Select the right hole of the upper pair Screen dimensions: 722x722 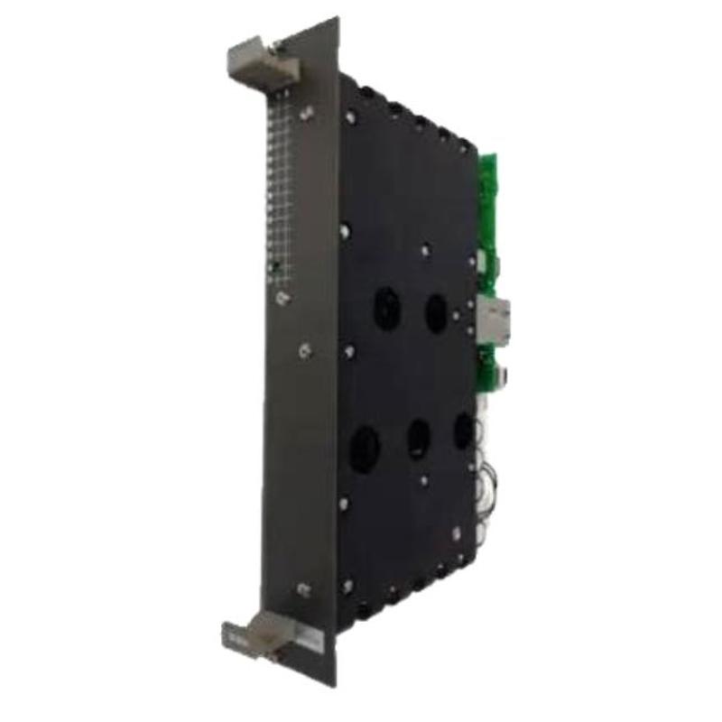pyautogui.click(x=437, y=312)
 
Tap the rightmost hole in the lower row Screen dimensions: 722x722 pyautogui.click(x=463, y=431)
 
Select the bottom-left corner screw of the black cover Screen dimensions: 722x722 pyautogui.click(x=346, y=585)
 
